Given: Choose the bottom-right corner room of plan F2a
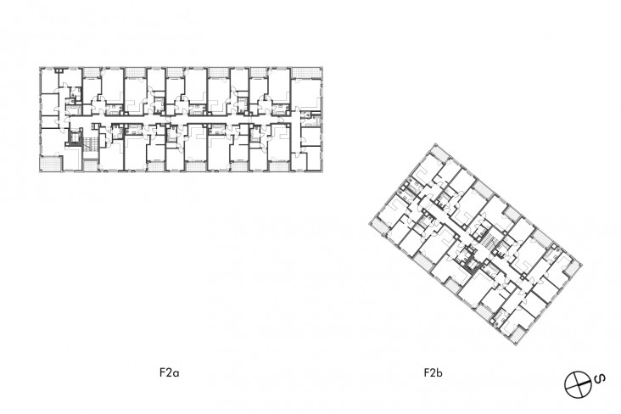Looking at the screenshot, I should (x=309, y=158).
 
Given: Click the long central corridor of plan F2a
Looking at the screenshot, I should (x=187, y=122).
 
